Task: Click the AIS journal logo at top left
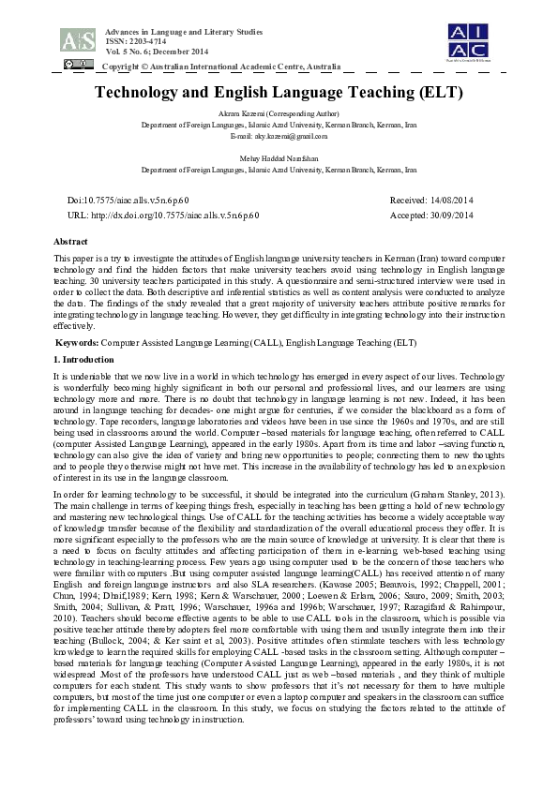(x=77, y=39)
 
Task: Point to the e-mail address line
(x=279, y=136)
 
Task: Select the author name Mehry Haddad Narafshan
(x=279, y=159)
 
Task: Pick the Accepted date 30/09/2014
(x=431, y=215)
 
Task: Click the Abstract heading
(x=72, y=241)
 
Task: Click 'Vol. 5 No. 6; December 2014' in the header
(x=156, y=52)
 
